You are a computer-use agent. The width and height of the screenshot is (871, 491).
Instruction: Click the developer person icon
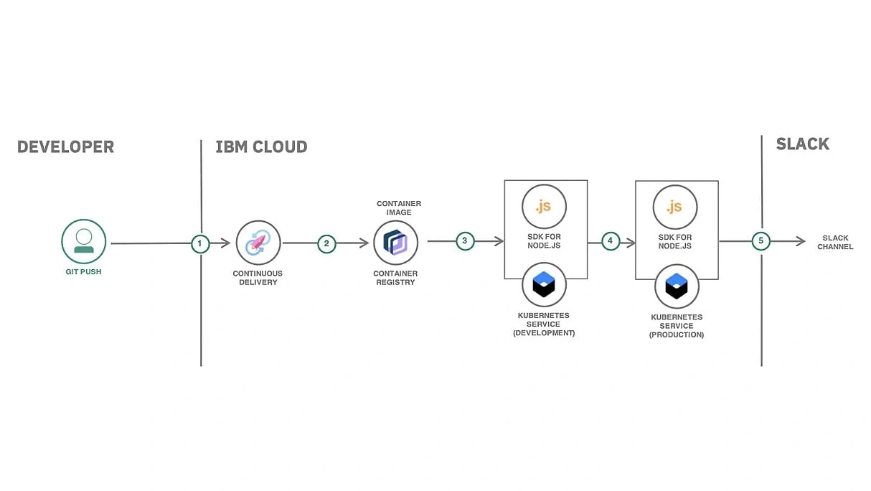click(x=83, y=241)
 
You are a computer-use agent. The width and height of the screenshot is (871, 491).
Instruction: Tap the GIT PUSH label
click(x=83, y=272)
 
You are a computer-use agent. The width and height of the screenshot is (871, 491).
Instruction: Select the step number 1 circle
click(x=200, y=243)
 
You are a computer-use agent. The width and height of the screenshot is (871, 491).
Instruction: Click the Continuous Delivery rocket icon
click(x=258, y=243)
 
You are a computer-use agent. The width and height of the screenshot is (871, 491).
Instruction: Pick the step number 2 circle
click(x=326, y=243)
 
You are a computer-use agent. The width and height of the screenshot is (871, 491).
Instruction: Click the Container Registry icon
click(x=395, y=243)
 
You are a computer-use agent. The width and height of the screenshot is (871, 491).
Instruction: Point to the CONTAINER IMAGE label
click(x=399, y=208)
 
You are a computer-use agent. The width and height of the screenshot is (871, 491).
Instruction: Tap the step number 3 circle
click(x=465, y=241)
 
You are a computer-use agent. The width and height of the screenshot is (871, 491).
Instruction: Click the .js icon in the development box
click(x=544, y=207)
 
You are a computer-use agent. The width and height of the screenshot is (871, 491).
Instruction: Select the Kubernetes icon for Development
click(x=544, y=285)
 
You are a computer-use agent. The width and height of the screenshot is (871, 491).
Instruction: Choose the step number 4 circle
click(x=610, y=241)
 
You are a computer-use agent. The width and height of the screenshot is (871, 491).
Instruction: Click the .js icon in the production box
click(x=674, y=207)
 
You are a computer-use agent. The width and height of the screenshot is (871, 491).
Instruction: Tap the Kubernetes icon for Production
click(x=677, y=286)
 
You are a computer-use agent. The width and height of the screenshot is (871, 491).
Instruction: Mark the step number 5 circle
click(x=761, y=241)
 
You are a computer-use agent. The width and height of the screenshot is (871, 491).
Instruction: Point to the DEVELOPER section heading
click(x=65, y=147)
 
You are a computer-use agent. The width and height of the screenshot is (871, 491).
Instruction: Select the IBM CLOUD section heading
click(x=261, y=147)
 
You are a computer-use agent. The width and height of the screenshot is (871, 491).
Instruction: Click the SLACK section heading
click(x=802, y=144)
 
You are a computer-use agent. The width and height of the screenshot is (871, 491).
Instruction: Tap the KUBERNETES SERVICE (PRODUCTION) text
click(x=677, y=326)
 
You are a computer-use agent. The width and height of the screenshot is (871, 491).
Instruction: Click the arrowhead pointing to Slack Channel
click(x=800, y=242)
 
